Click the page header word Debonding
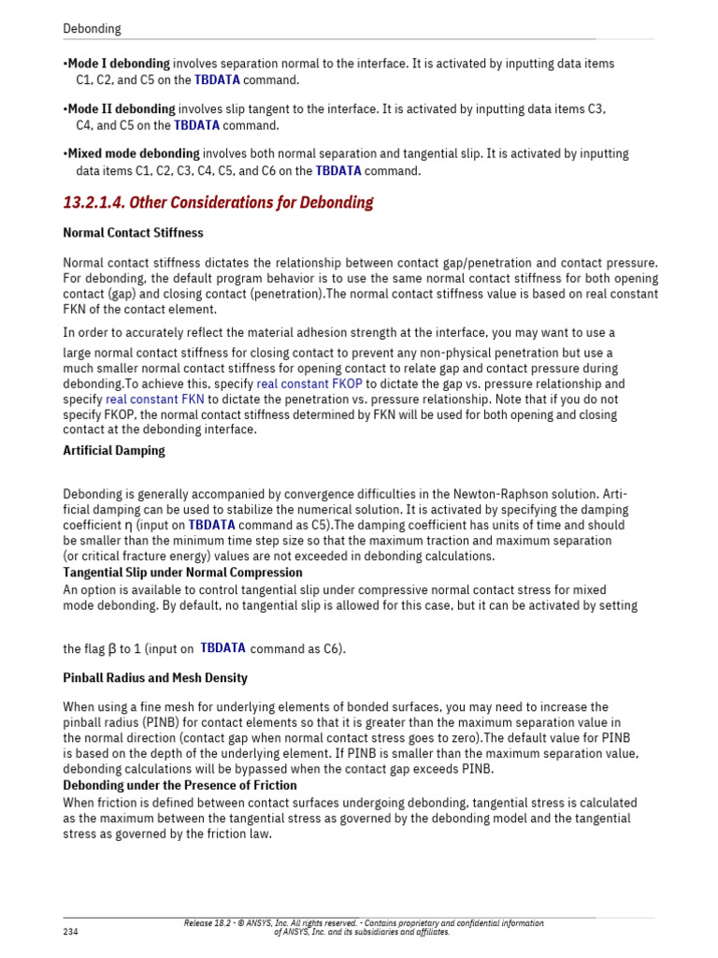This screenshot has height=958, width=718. (92, 28)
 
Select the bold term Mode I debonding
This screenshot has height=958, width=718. (119, 64)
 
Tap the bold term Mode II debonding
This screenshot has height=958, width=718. (122, 109)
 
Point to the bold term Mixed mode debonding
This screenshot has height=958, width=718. (134, 153)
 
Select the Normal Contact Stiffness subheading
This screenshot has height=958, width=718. (133, 232)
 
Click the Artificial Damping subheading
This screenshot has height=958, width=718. (114, 450)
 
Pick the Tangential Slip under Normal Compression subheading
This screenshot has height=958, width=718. (182, 572)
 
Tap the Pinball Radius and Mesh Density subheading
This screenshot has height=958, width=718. (155, 677)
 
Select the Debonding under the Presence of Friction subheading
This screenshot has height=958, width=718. (179, 785)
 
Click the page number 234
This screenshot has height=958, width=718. (71, 932)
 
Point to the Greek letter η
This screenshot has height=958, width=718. (129, 526)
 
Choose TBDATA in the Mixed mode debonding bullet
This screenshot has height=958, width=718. (338, 170)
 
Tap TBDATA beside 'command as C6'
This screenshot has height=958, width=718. (223, 647)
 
